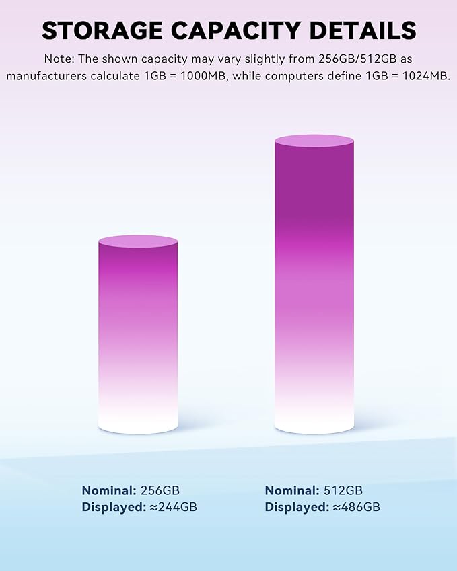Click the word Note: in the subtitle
point(60,59)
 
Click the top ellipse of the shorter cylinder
point(138,241)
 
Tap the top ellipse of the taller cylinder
point(314,141)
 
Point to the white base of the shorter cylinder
point(138,420)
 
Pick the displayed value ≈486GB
point(356,507)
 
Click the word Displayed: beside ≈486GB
point(297,507)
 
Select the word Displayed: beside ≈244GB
point(113,507)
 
